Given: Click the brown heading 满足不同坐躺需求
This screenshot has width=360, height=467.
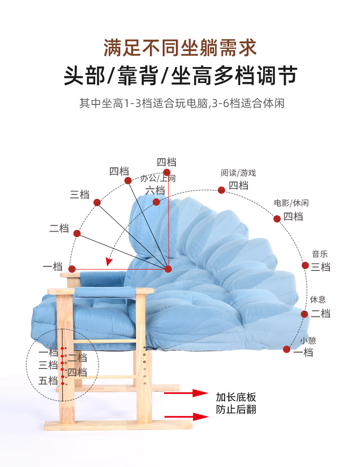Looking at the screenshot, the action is pyautogui.click(x=180, y=47).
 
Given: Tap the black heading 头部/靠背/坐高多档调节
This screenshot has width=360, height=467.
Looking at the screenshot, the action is pyautogui.click(x=180, y=75).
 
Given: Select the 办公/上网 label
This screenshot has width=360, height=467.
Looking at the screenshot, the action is pyautogui.click(x=158, y=178).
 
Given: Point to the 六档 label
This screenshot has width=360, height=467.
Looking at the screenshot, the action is pyautogui.click(x=155, y=190).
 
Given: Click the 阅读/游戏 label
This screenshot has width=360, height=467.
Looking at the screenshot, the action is pyautogui.click(x=238, y=173).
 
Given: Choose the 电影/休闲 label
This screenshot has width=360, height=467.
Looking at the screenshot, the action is pyautogui.click(x=291, y=203).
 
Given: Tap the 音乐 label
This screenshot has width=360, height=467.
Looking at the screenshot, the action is pyautogui.click(x=319, y=254).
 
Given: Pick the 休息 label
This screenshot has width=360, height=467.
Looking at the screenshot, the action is pyautogui.click(x=318, y=300).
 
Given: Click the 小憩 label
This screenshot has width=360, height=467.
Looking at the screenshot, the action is pyautogui.click(x=308, y=340).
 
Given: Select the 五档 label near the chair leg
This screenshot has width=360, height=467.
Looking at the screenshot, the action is pyautogui.click(x=48, y=380).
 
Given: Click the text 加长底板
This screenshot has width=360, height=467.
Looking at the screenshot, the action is pyautogui.click(x=236, y=396).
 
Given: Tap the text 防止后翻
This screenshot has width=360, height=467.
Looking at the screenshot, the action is pyautogui.click(x=236, y=409).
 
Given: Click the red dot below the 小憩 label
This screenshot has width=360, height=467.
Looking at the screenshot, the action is pyautogui.click(x=287, y=349).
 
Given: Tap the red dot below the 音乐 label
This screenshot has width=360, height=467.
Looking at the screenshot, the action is pyautogui.click(x=305, y=265).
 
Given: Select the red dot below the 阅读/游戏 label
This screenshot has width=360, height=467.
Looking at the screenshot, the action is pyautogui.click(x=221, y=190).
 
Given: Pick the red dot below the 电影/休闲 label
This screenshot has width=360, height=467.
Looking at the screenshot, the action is pyautogui.click(x=277, y=218).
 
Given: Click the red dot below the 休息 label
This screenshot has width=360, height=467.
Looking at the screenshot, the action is pyautogui.click(x=304, y=313).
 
